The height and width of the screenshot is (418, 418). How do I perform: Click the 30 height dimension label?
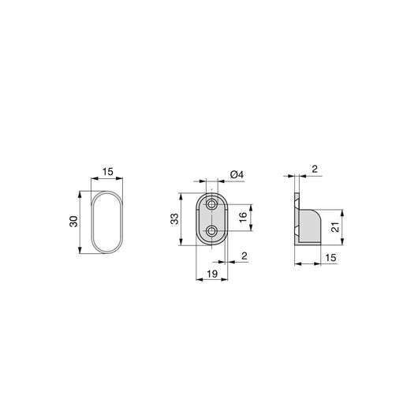(73, 222)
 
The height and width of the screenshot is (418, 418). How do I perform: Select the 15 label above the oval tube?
(107, 171)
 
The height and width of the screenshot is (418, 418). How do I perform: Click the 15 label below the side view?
(330, 258)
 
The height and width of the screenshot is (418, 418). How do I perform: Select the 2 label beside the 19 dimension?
(244, 256)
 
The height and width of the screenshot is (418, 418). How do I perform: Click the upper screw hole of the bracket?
(212, 204)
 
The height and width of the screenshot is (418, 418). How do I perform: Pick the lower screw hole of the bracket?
(212, 230)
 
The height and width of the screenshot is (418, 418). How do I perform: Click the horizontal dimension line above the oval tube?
(107, 180)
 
